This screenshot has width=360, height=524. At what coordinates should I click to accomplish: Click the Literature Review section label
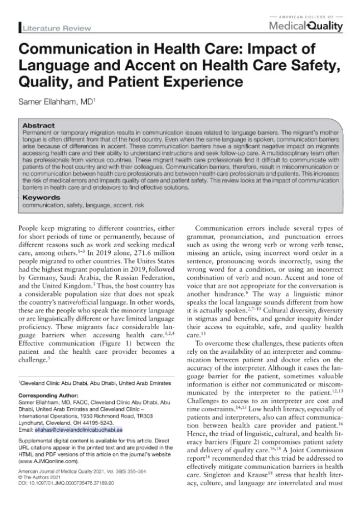(x=56, y=28)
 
